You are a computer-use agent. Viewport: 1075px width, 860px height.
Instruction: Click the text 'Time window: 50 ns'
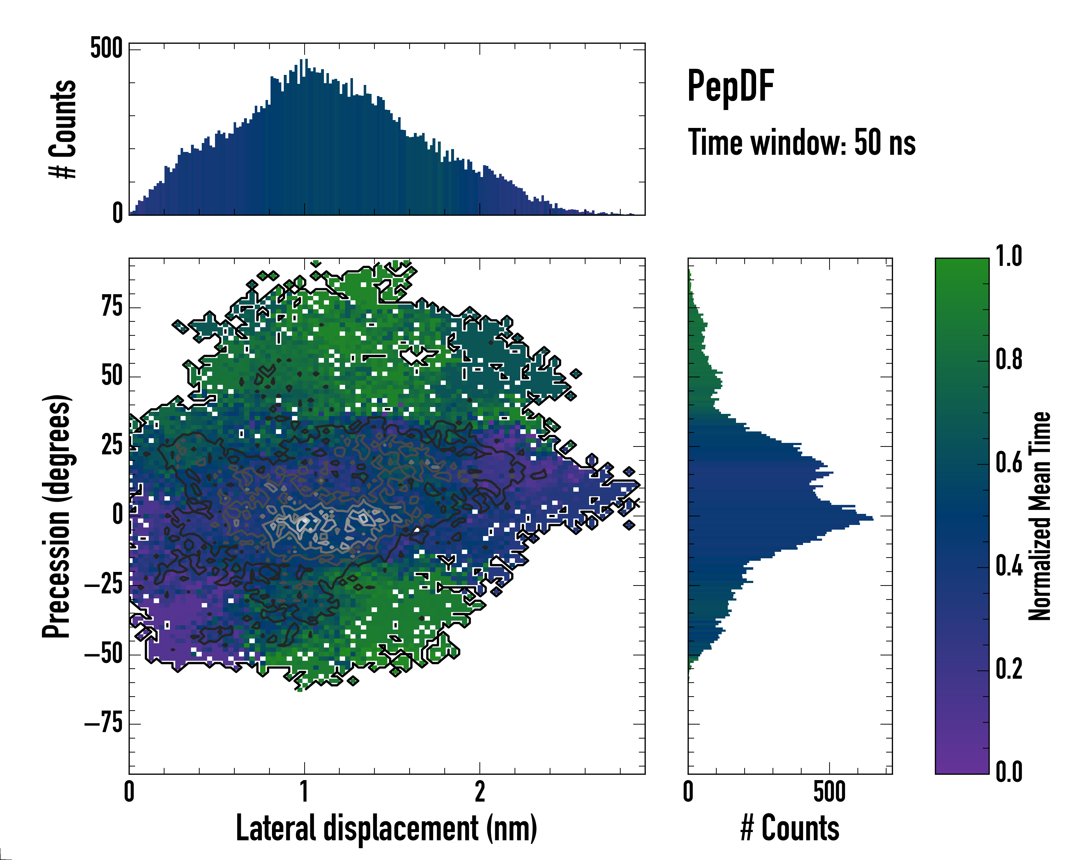(802, 143)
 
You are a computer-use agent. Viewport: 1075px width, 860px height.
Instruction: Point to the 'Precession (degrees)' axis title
(56, 516)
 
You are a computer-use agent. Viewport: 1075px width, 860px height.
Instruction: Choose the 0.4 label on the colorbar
(1009, 567)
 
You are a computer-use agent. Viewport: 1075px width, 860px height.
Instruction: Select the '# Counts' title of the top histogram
(63, 129)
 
